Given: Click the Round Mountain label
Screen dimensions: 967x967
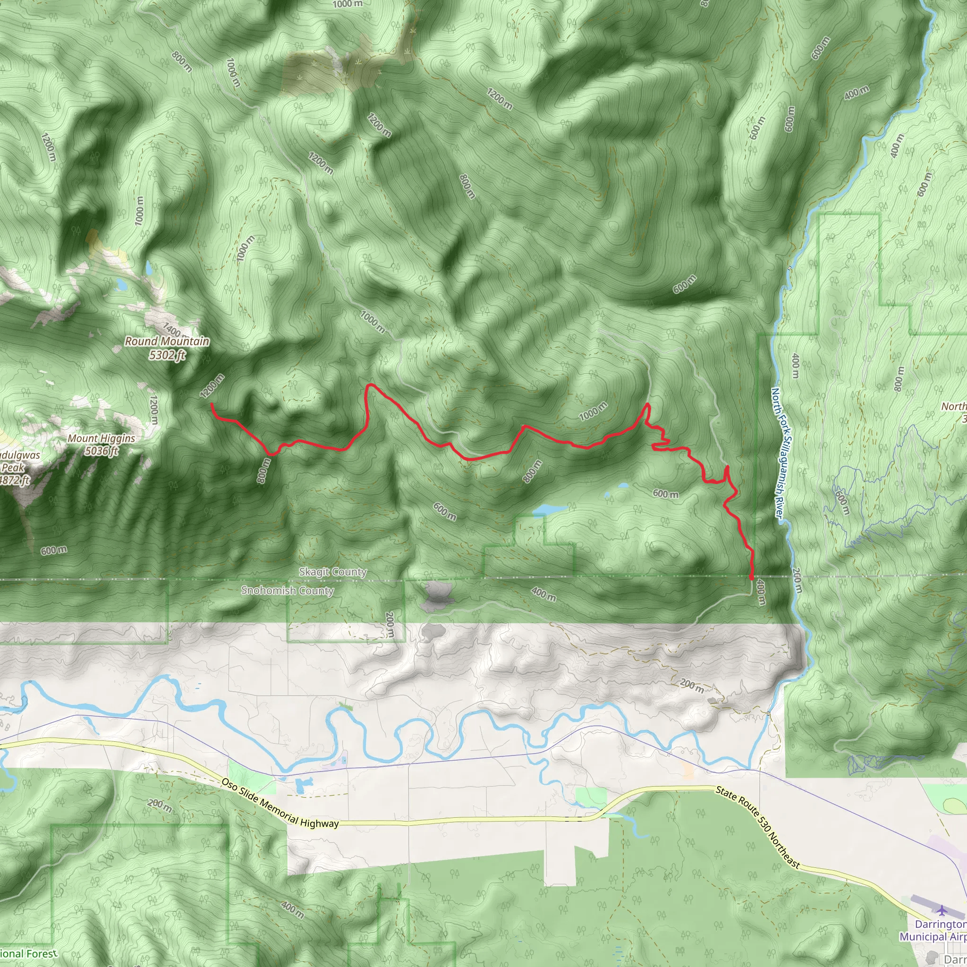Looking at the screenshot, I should click(167, 341).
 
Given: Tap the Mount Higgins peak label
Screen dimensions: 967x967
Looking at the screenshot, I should click(101, 439).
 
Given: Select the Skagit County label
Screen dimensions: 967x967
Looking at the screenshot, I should click(333, 572).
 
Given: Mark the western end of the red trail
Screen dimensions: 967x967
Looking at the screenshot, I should click(211, 403).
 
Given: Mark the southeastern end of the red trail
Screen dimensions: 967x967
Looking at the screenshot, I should click(752, 578).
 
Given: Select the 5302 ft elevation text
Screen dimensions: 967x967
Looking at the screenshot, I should click(167, 355).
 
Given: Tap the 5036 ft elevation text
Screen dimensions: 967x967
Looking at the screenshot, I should click(101, 451).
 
